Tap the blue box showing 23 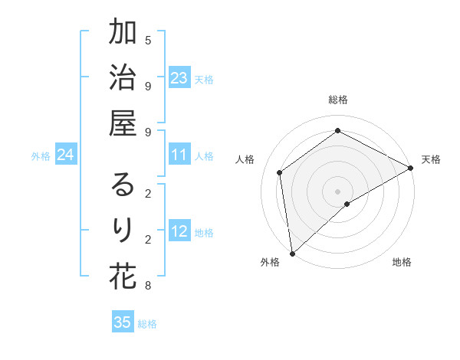tap(179, 78)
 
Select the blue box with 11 tap(179, 155)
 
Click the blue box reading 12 tap(179, 231)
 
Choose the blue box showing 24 tap(66, 155)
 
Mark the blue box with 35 tap(123, 322)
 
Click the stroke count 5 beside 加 tap(148, 40)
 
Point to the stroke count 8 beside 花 tap(148, 286)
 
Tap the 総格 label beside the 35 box tap(147, 324)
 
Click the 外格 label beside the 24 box tap(41, 156)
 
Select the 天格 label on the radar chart tap(431, 159)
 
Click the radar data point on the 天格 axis tap(411, 169)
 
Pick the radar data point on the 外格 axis tap(292, 253)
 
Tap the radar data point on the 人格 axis tap(280, 172)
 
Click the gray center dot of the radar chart tap(337, 190)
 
